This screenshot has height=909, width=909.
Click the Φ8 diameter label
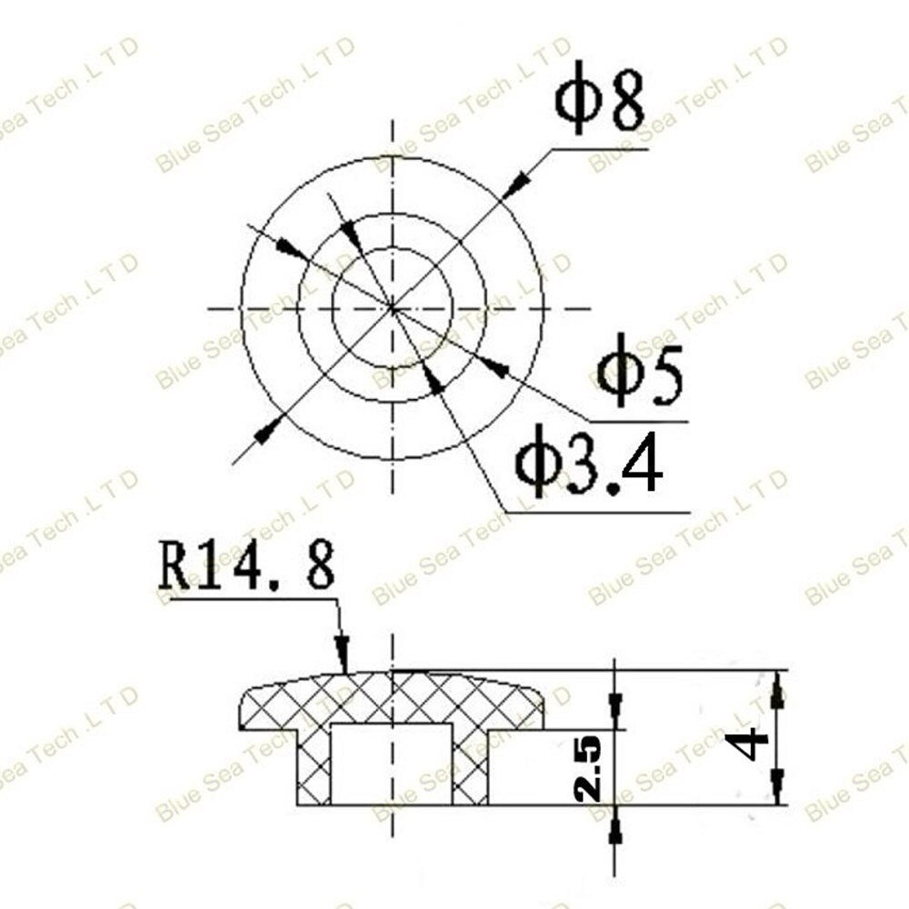599,101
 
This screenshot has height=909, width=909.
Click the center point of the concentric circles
393,309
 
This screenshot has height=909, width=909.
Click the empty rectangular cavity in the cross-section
392,764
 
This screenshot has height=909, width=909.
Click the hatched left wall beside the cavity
315,768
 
